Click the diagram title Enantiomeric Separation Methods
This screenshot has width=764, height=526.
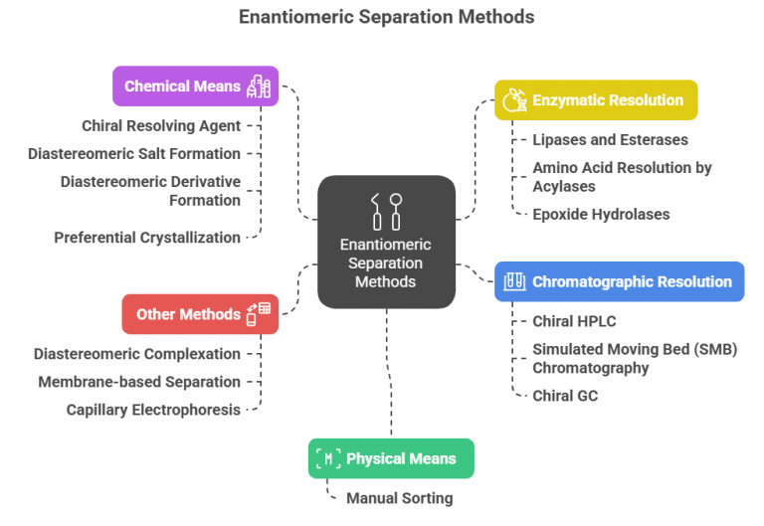386,17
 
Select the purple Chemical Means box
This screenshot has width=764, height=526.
195,87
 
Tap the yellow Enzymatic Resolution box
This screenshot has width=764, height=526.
596,100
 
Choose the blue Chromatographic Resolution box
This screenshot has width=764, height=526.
619,281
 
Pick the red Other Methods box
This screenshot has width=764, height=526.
199,314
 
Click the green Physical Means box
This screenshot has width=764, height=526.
391,458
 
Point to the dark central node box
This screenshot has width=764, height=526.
386,242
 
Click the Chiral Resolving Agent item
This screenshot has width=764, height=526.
161,125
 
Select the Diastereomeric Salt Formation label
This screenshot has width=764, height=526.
134,154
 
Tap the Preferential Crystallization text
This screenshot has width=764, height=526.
147,238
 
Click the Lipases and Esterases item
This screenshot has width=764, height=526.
610,140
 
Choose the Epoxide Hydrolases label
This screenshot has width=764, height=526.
601,214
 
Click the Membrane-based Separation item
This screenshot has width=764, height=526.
139,382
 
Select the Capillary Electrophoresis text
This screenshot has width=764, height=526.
153,410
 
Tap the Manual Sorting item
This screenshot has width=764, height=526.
399,498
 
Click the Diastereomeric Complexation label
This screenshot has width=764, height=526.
137,354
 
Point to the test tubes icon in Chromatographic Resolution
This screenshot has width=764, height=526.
514,281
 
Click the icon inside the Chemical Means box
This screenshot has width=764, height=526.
259,87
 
